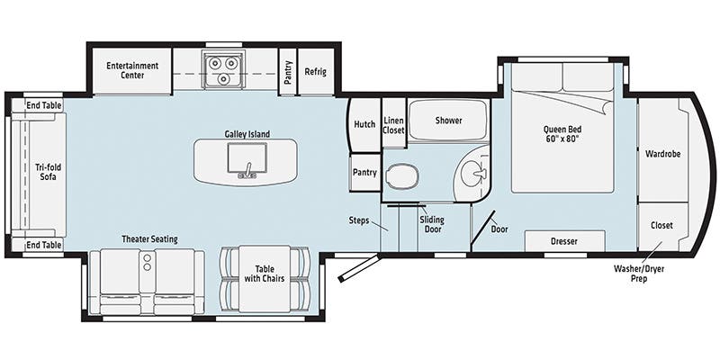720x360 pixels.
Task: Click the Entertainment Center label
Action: (132, 70)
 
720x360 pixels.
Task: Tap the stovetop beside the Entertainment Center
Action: (221, 70)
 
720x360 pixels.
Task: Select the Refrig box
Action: (315, 71)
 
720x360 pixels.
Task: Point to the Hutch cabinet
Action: (364, 125)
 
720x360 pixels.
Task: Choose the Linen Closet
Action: (393, 125)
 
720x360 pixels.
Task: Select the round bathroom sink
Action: (472, 168)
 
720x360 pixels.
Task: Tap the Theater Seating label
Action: (150, 239)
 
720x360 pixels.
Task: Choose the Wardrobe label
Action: (663, 154)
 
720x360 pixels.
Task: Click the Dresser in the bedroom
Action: (564, 242)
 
